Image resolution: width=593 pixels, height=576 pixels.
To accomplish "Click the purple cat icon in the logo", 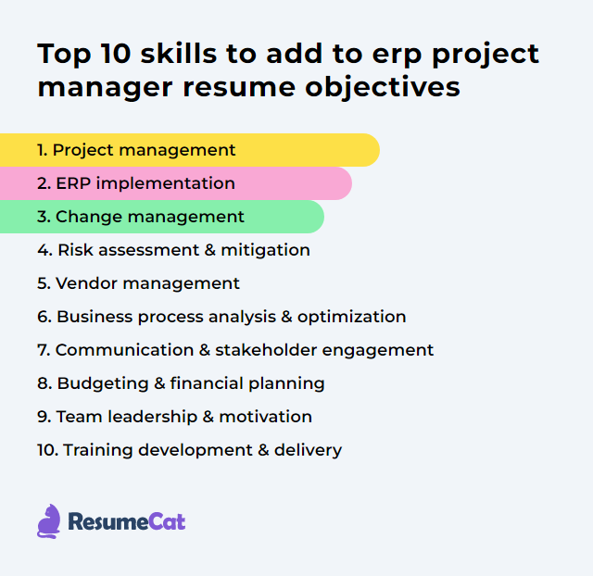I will coord(49,521).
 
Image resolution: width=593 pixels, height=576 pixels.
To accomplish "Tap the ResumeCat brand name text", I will coord(126,522).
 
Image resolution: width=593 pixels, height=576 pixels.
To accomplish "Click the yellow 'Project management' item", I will coord(144,150).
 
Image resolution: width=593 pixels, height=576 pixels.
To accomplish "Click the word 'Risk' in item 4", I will coord(76,250).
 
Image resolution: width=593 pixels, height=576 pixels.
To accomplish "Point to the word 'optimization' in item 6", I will coord(352,317).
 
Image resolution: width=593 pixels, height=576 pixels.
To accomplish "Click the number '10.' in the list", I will coord(47,450).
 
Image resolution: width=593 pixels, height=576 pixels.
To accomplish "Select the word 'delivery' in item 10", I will coord(309,450).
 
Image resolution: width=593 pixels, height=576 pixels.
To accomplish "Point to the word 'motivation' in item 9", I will coord(267,417).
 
